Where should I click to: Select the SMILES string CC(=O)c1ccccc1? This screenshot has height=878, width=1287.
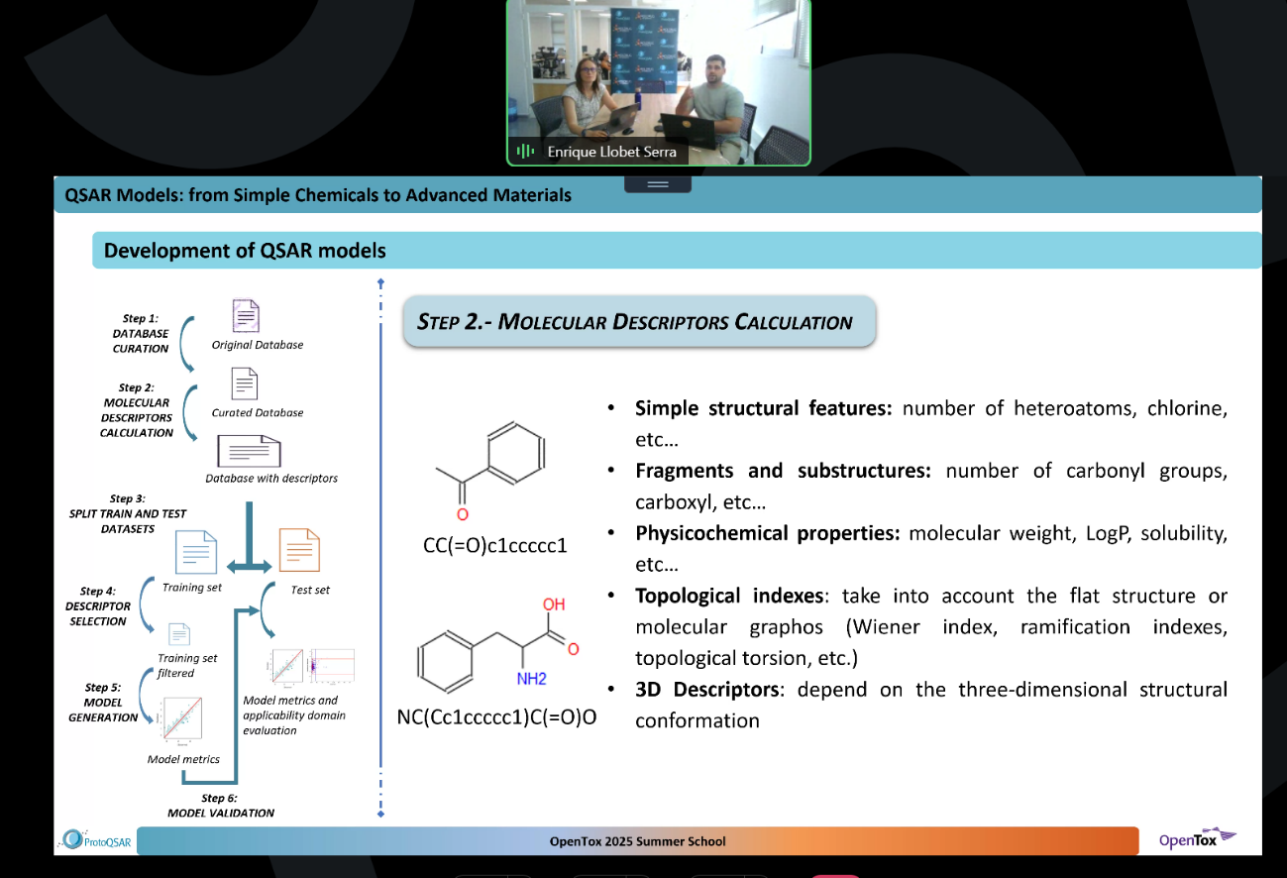[x=494, y=545]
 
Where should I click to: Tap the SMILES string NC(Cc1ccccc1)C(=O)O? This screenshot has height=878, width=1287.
[x=496, y=715]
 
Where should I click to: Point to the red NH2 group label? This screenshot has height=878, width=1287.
[x=531, y=680]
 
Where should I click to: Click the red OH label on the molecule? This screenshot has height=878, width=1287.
[x=554, y=604]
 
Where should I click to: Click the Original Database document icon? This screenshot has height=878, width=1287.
[x=245, y=316]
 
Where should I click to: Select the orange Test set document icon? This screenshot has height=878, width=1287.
[x=299, y=551]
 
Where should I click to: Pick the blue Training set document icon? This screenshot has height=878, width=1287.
[x=195, y=552]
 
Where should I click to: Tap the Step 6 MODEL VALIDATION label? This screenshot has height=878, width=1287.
[x=220, y=806]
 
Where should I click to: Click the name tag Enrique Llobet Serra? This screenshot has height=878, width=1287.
[x=611, y=152]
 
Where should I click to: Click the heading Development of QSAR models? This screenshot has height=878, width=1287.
[x=245, y=251]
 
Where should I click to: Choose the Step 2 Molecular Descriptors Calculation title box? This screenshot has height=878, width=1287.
[x=639, y=321]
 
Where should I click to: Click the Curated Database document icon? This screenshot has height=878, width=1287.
[x=245, y=384]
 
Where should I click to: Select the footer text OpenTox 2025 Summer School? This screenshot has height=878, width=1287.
[x=637, y=841]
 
